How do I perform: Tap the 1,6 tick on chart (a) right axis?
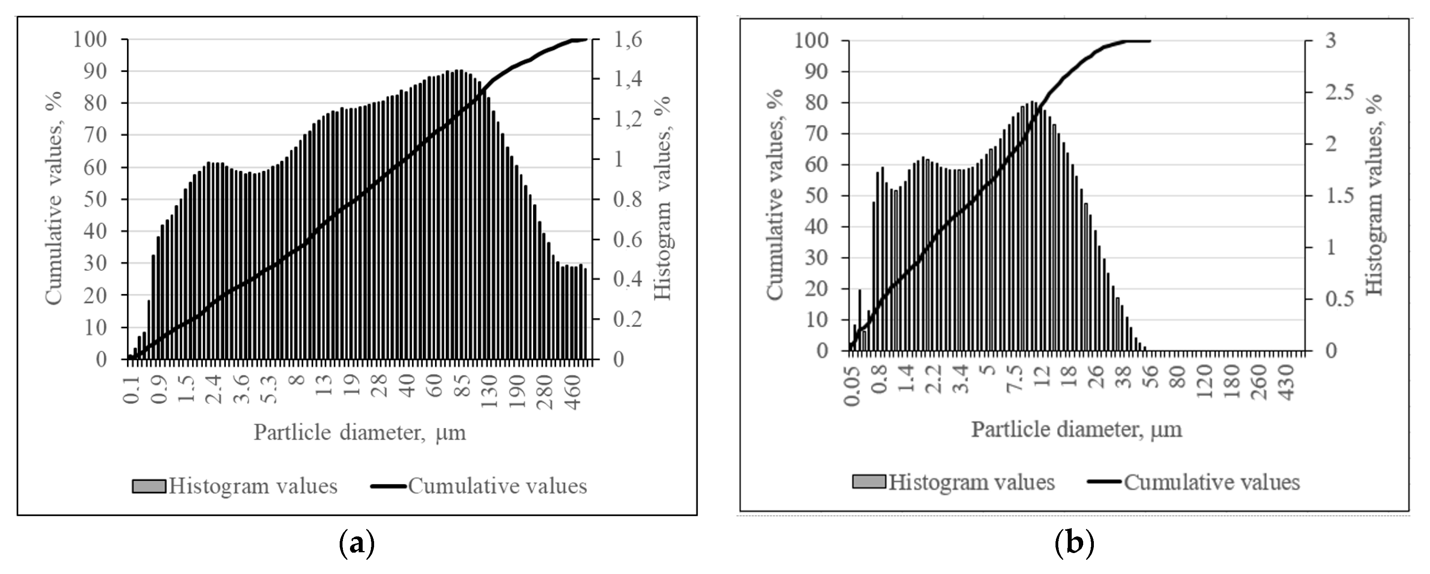pyautogui.click(x=628, y=40)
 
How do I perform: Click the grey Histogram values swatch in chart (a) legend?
pyautogui.click(x=149, y=486)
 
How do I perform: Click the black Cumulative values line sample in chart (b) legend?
pyautogui.click(x=1104, y=482)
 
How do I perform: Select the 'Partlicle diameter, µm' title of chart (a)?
pyautogui.click(x=360, y=432)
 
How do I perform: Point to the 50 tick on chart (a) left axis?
pyautogui.click(x=95, y=199)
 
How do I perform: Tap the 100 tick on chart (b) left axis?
pyautogui.click(x=812, y=40)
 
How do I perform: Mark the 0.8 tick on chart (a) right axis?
pyautogui.click(x=628, y=199)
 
